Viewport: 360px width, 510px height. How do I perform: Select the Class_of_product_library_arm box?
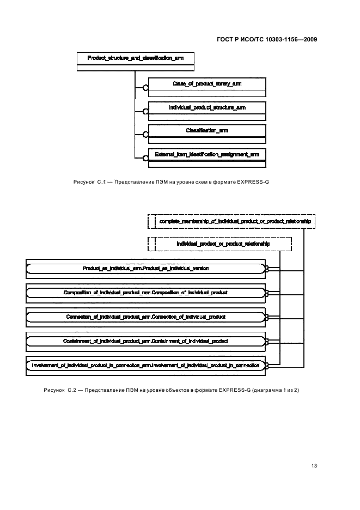coord(207,84)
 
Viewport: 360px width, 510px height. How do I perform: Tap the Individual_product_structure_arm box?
coord(207,108)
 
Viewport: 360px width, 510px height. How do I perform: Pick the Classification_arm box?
coord(207,131)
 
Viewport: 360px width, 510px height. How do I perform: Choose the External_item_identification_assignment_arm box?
coord(207,155)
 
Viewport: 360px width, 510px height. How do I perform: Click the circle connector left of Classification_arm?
coord(145,135)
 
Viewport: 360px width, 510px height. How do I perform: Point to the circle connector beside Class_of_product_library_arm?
coord(145,88)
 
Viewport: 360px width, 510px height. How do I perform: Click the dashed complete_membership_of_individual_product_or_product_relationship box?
coord(231,221)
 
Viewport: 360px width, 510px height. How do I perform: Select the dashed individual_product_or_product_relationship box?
coord(220,244)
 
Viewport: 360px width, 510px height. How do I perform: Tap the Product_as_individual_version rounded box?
coord(145,268)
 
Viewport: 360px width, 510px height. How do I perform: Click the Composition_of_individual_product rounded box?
coord(145,293)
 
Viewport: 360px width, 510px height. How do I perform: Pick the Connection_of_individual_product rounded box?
coord(145,317)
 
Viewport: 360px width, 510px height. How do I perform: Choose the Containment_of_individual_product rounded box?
coord(145,341)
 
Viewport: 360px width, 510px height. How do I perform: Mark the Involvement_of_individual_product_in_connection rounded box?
coord(145,365)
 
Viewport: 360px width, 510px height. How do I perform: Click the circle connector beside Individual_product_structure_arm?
coord(145,111)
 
